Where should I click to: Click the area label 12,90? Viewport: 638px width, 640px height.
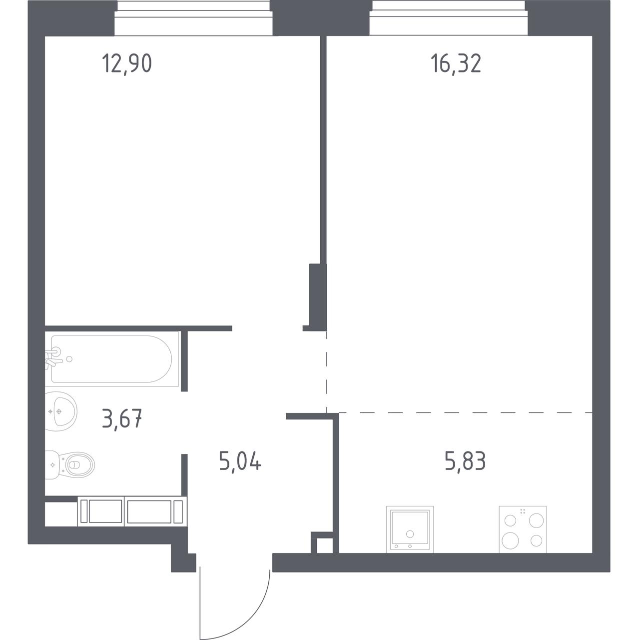tap(127, 64)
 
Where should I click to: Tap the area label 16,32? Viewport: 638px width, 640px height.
tap(456, 64)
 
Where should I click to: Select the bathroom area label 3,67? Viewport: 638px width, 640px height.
tap(122, 418)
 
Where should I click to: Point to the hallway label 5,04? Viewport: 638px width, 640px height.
tap(240, 461)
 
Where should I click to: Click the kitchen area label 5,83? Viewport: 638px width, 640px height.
tap(465, 461)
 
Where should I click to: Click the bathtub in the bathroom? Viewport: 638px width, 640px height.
tap(112, 359)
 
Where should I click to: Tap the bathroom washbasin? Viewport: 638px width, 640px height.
tap(61, 412)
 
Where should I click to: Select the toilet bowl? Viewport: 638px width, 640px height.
tap(70, 464)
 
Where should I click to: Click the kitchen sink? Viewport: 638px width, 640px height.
tap(410, 529)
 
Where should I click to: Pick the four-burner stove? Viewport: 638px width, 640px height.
tap(523, 529)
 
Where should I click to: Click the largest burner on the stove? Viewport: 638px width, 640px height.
tap(510, 540)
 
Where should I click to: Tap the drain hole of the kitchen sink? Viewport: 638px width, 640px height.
tap(410, 534)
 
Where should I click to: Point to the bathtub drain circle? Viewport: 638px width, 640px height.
tap(69, 359)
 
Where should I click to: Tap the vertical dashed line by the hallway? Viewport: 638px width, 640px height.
tap(327, 372)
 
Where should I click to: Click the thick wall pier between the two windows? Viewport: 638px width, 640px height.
tap(321, 18)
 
